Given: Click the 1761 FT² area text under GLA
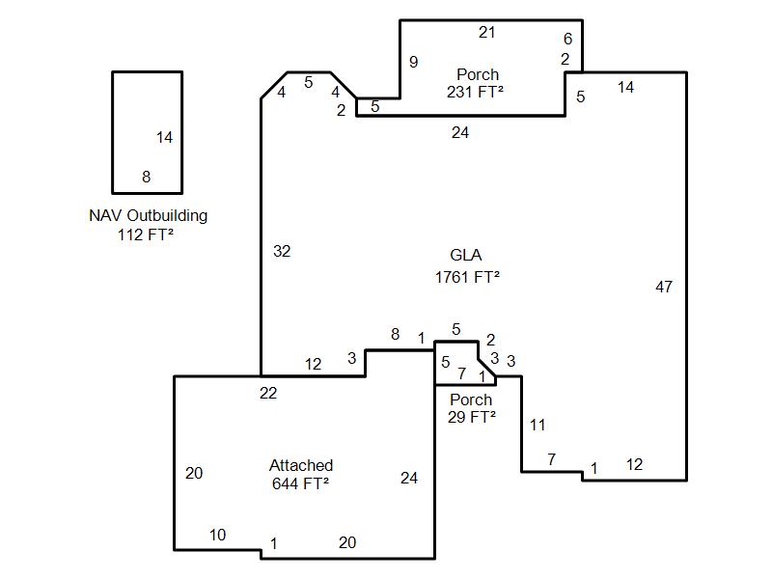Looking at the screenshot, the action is (467, 277).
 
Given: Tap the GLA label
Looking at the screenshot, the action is (466, 255).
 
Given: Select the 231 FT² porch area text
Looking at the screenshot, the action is (475, 92).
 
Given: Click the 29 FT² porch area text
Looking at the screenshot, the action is (472, 417).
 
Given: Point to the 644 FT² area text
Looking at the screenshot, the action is (300, 483).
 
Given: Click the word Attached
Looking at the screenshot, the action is (301, 465).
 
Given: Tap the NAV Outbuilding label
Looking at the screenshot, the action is (149, 215).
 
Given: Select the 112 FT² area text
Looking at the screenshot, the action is (146, 234).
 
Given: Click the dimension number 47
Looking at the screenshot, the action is (664, 287).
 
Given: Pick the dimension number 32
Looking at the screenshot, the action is (282, 251).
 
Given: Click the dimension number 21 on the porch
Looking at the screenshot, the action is (486, 32).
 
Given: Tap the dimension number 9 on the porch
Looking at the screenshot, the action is (414, 62).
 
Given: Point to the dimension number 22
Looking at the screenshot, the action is (268, 393).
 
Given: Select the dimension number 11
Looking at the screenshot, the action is (538, 425).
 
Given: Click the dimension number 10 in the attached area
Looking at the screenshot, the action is (217, 535).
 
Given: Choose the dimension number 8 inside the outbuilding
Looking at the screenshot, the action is (147, 177).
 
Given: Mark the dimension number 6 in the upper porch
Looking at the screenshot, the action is (567, 39).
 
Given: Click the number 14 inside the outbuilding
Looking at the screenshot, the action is (164, 137).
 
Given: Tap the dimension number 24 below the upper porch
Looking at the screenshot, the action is (460, 132).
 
